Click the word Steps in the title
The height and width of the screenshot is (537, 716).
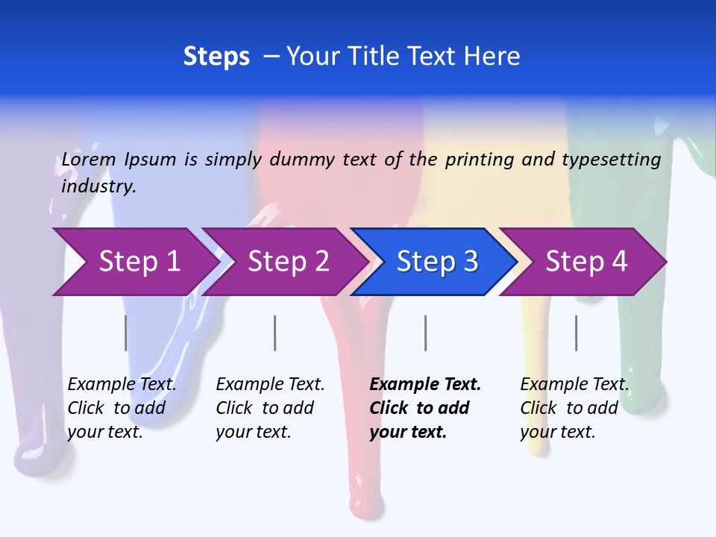(216, 57)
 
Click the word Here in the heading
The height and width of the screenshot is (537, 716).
(493, 57)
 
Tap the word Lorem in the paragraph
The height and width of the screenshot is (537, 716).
(89, 160)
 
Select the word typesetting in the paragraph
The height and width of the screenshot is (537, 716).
(612, 160)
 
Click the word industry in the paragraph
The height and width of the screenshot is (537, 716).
(98, 186)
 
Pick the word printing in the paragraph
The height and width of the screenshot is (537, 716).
(477, 160)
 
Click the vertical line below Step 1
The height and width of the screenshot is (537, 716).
(125, 333)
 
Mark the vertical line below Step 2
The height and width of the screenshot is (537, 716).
(275, 333)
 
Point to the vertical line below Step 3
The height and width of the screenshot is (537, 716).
(425, 333)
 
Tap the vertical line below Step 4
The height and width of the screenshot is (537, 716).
(576, 333)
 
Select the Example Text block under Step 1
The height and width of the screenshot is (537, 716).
(122, 408)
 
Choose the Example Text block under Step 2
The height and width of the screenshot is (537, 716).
(270, 408)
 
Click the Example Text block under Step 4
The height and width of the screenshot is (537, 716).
(574, 408)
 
